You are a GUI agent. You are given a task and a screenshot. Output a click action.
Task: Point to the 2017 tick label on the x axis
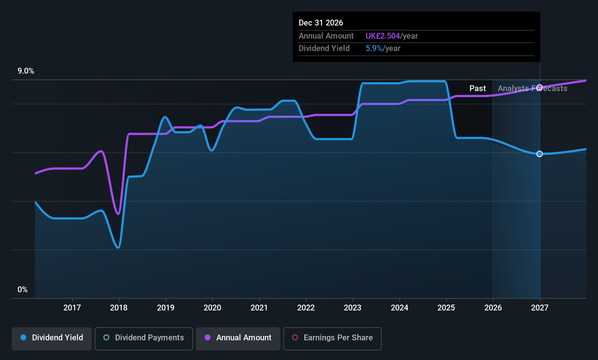(x=72, y=308)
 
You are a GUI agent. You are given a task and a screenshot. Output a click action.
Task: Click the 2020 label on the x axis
(x=212, y=308)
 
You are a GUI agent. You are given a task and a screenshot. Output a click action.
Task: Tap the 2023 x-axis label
(x=353, y=308)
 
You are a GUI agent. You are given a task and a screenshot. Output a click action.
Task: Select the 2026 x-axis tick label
(x=493, y=308)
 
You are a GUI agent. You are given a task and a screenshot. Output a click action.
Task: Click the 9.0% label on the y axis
(x=26, y=71)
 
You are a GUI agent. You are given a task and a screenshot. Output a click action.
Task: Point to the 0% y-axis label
(x=23, y=290)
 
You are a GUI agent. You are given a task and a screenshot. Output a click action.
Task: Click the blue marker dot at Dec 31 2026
(x=539, y=154)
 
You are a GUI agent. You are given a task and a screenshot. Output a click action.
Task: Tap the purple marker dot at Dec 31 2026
(x=539, y=87)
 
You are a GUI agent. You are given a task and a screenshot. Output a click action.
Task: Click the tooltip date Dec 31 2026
(x=320, y=23)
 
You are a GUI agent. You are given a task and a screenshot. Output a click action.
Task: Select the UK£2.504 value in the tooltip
(x=382, y=36)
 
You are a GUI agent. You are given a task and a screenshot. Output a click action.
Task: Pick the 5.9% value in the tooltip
(x=374, y=48)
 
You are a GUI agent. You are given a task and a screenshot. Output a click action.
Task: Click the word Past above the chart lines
(x=477, y=89)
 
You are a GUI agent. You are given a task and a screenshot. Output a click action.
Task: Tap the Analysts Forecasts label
(x=532, y=89)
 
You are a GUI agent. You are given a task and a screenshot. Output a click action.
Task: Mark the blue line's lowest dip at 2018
(x=118, y=248)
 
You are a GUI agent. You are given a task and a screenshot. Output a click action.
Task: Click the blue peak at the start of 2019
(x=165, y=117)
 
